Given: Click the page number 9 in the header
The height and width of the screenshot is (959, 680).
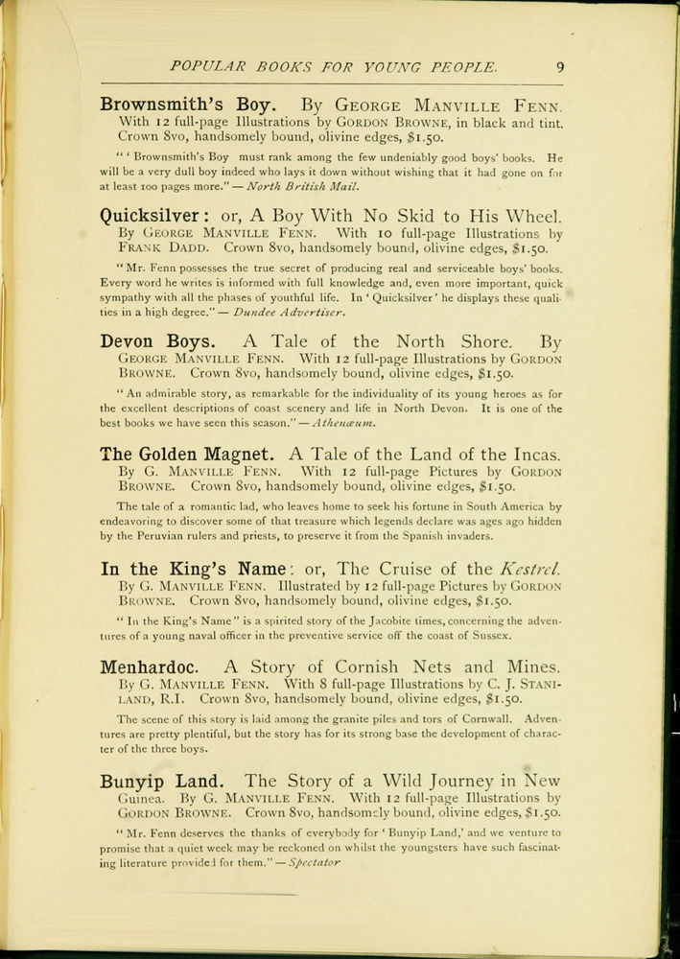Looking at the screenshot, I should [x=559, y=67].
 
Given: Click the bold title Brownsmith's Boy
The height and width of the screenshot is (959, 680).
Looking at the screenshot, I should [x=189, y=105].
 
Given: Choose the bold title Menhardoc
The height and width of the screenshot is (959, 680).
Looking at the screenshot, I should [x=152, y=667].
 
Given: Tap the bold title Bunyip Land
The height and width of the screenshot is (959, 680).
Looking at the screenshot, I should [x=162, y=781].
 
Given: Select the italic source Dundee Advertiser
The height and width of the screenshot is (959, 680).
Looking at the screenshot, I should [x=289, y=313].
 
